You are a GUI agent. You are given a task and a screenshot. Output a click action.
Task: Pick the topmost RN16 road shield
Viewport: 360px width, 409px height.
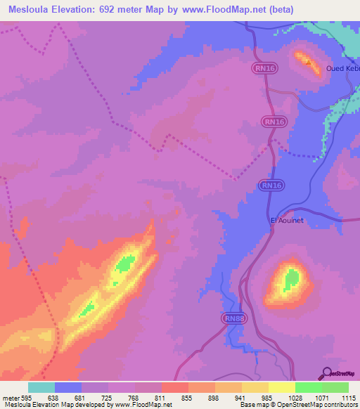tap(262, 68)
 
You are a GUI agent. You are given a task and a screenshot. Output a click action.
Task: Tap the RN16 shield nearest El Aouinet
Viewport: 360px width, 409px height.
tap(271, 185)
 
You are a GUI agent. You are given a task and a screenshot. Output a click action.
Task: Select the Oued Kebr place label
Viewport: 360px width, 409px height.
tap(343, 68)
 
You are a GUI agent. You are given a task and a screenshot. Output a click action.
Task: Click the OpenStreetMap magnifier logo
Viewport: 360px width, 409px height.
tap(326, 373)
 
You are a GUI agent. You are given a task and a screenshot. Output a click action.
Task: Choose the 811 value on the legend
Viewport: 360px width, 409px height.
tap(161, 398)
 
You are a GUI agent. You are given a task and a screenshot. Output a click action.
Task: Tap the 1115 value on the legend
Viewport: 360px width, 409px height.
tap(347, 398)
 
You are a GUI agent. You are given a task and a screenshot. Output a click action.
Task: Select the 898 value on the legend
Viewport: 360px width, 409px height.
tap(214, 398)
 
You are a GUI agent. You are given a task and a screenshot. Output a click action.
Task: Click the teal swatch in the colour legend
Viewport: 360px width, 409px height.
tap(41, 387)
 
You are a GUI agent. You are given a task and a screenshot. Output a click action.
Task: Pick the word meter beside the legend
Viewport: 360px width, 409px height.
tap(10, 398)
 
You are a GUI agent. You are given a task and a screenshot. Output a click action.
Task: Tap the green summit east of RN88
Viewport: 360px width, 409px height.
tap(290, 281)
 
